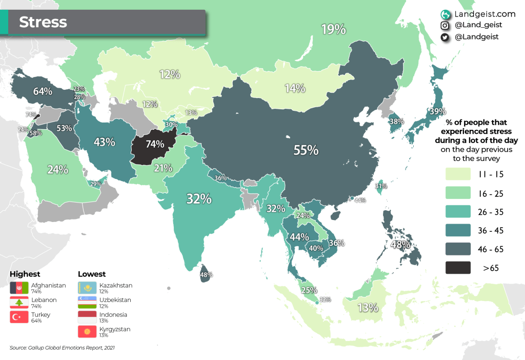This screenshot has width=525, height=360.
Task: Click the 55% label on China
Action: pyautogui.click(x=306, y=150)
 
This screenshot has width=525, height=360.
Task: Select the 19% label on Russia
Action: pyautogui.click(x=333, y=30)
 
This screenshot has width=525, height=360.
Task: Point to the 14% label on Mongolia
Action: pyautogui.click(x=295, y=88)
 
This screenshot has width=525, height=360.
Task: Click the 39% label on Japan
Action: pyautogui.click(x=437, y=111)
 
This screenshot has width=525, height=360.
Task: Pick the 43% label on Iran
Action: pyautogui.click(x=104, y=142)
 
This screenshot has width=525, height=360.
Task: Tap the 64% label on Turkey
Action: pyautogui.click(x=43, y=91)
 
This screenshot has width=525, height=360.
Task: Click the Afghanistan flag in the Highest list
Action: pyautogui.click(x=19, y=288)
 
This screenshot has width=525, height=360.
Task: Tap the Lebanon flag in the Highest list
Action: pyautogui.click(x=19, y=303)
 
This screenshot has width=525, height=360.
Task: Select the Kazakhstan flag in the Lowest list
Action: pyautogui.click(x=87, y=288)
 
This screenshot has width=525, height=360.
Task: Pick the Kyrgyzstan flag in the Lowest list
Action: pyautogui.click(x=87, y=331)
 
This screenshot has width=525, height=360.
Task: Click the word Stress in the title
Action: pyautogui.click(x=43, y=22)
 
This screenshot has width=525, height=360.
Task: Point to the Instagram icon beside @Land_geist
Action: pyautogui.click(x=445, y=25)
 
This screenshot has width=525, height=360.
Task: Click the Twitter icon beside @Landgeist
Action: pyautogui.click(x=445, y=37)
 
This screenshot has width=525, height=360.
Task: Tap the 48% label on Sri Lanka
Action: pyautogui.click(x=206, y=275)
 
